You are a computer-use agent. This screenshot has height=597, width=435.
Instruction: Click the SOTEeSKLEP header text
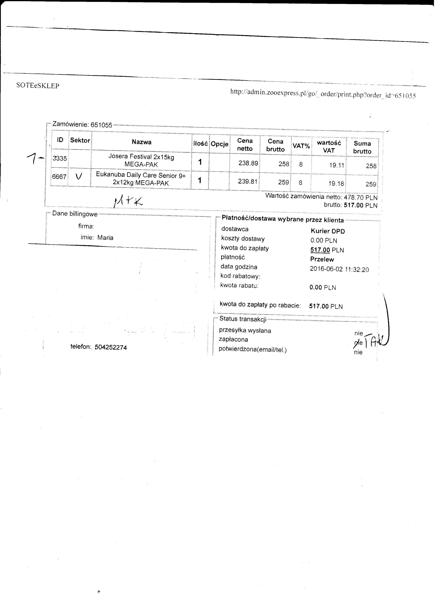(38, 86)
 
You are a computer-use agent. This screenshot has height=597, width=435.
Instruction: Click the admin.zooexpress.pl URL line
(323, 94)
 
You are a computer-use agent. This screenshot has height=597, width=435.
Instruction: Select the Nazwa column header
(142, 142)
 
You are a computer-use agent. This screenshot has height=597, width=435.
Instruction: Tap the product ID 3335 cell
(60, 158)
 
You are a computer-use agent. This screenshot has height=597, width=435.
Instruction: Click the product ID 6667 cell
(59, 177)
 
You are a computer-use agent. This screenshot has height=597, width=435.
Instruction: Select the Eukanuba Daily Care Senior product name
(141, 179)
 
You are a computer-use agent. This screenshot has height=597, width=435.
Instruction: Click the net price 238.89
(248, 163)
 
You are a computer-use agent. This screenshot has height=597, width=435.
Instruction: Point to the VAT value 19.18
(336, 183)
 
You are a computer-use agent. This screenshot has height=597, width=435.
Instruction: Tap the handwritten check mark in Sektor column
(79, 176)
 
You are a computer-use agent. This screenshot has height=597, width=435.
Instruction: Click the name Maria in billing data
(105, 238)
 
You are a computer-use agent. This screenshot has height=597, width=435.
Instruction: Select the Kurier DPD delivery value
(328, 231)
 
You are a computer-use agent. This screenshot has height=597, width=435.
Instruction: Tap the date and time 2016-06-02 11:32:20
(339, 269)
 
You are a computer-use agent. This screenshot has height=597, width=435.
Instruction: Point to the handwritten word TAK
(375, 342)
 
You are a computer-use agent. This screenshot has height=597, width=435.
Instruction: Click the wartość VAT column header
(329, 147)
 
